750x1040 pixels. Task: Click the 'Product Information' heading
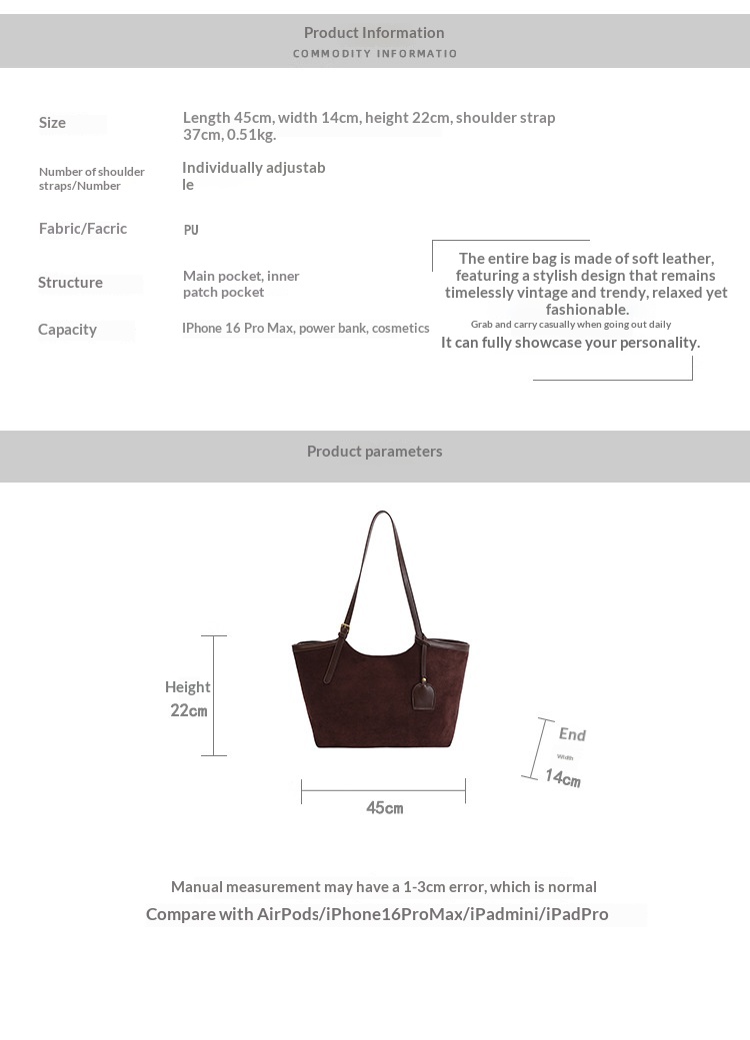pos(374,33)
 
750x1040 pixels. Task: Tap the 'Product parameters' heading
pos(374,452)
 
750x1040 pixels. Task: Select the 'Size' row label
pos(52,123)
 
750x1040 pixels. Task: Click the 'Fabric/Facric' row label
pos(83,229)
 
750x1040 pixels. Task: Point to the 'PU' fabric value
pos(191,230)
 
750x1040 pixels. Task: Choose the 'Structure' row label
pos(70,283)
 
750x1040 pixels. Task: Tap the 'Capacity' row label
pos(67,330)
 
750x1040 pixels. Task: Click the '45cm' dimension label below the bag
pos(384,808)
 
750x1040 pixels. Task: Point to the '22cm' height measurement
pos(188,711)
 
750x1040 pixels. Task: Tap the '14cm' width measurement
pos(562,777)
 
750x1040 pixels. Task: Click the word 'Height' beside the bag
pos(187,687)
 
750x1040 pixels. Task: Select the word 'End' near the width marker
pos(572,735)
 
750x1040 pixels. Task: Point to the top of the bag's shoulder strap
pos(382,514)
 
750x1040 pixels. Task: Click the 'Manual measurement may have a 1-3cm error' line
pos(383,887)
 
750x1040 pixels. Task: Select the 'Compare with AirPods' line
pos(377,914)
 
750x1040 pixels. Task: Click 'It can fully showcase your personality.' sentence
pos(570,343)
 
